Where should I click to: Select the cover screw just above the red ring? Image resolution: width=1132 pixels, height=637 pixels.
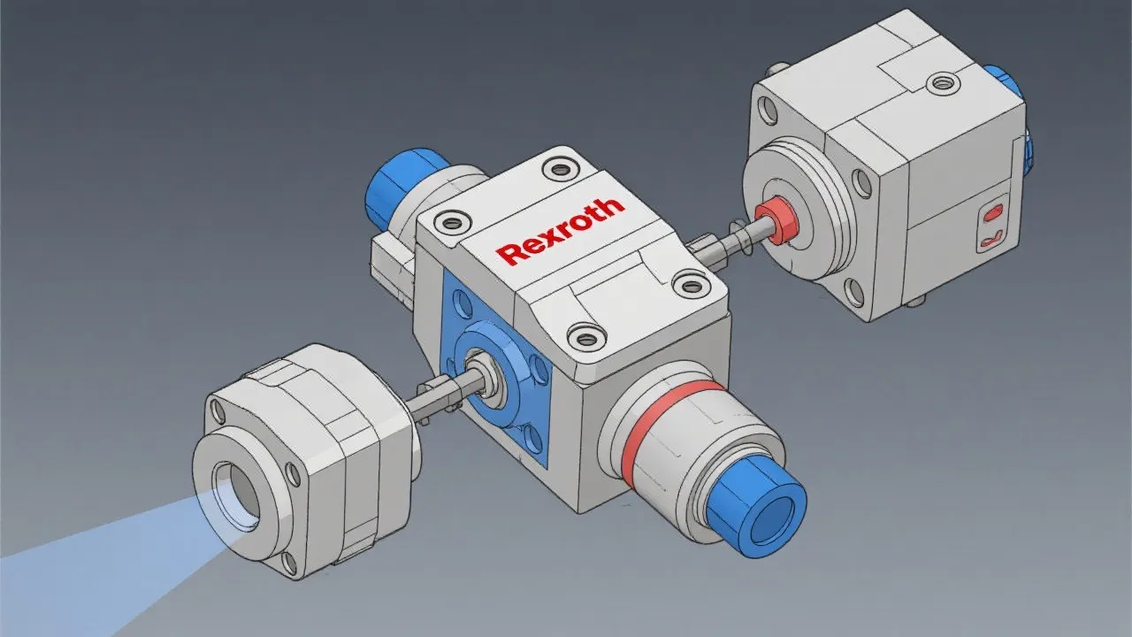[x=586, y=335]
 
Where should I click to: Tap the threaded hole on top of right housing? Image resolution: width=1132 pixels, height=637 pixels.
[x=939, y=83]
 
